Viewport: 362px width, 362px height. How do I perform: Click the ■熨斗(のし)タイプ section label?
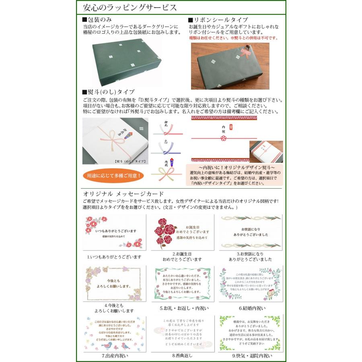[108, 91]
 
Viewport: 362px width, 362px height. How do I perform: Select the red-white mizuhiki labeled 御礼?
[167, 129]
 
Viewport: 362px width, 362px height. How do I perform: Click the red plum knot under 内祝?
[223, 138]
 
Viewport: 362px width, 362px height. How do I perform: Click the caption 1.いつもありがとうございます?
[114, 257]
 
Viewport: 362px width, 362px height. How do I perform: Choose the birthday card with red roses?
[182, 232]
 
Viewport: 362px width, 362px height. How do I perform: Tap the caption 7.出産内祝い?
[114, 356]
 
